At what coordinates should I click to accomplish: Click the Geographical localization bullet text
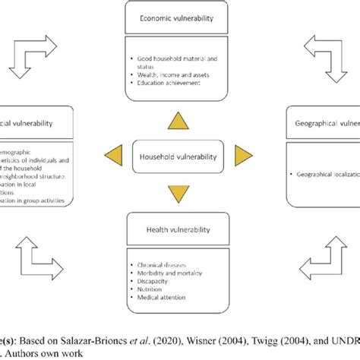(x=327, y=174)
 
